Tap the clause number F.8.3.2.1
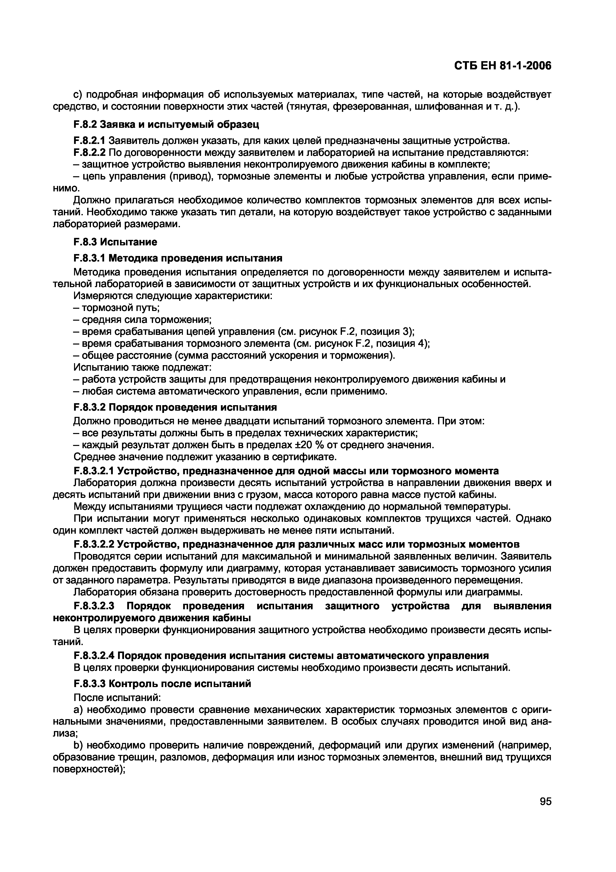coord(94,471)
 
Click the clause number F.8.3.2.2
coord(94,544)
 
